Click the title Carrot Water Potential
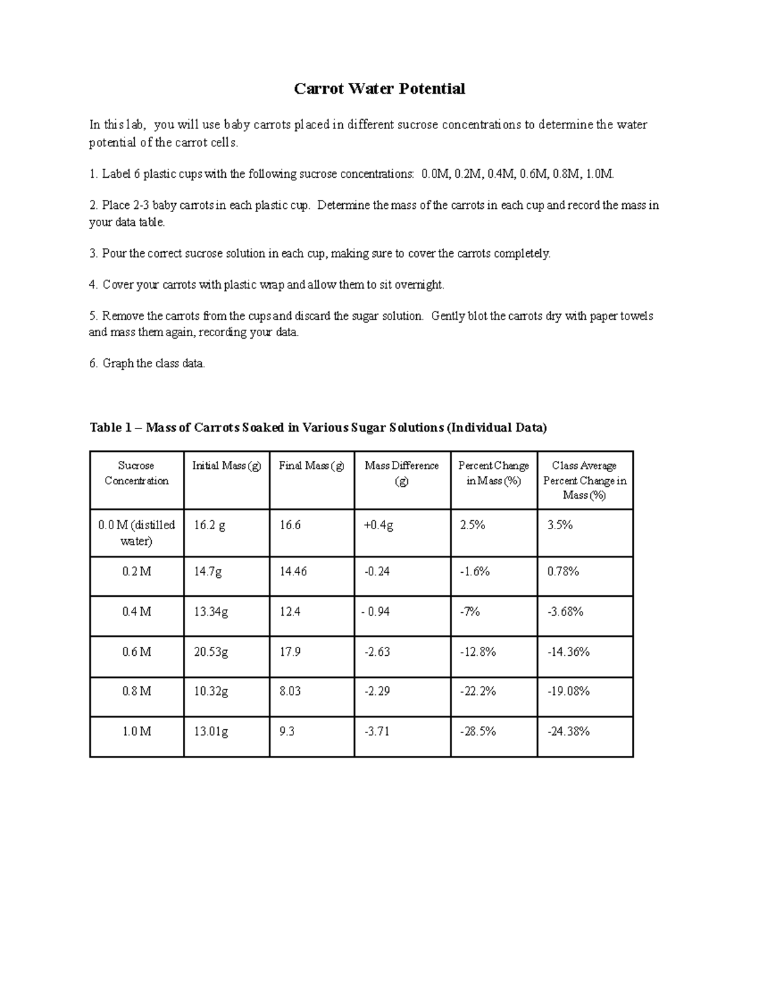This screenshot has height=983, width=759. point(379,89)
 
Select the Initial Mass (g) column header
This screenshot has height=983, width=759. point(226,466)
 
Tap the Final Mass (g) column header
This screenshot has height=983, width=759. point(311,466)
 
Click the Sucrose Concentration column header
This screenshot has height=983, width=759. point(137,473)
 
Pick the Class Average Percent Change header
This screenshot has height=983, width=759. point(584,480)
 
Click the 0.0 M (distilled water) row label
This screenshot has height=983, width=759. point(137,533)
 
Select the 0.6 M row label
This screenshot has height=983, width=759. point(137,651)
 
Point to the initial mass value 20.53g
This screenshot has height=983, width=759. point(211,651)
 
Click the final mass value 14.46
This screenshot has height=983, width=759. point(293,572)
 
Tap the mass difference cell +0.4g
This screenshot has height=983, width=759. point(379,525)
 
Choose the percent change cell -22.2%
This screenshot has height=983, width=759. point(478,691)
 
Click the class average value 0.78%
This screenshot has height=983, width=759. point(563,572)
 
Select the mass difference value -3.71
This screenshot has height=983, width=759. point(377,731)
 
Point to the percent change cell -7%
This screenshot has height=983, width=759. point(470,611)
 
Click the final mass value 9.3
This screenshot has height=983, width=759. point(287,731)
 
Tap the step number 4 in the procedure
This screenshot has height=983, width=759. point(93,285)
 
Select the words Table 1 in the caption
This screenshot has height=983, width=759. point(106,428)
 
